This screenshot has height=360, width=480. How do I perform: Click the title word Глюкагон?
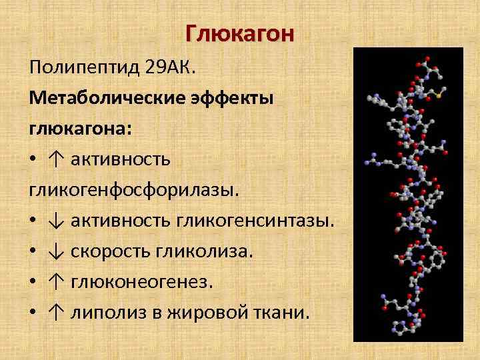point(239,33)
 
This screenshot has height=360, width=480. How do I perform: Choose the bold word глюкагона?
point(79,129)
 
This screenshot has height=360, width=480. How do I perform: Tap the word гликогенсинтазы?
point(254,220)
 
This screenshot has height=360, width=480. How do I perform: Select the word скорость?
point(110,251)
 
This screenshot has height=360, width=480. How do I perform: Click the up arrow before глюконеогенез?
point(55,282)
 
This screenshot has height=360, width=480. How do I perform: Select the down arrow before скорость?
point(55,251)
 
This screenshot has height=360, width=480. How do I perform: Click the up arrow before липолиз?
point(55,313)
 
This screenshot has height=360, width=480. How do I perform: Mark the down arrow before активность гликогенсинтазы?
point(55,221)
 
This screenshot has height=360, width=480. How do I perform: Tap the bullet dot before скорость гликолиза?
point(33,252)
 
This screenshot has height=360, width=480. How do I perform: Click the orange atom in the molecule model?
point(439,96)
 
